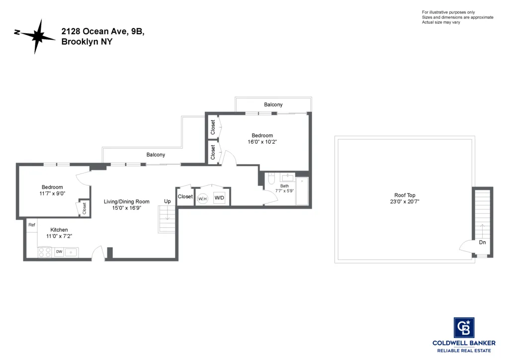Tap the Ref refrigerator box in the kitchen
pos(32,225)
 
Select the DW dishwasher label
pos(59,252)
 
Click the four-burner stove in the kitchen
pos(45,253)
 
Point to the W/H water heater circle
pos(202,198)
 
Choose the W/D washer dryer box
pos(219,197)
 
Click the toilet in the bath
pos(271,180)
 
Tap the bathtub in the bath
pos(302,191)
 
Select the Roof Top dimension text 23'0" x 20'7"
pos(406,202)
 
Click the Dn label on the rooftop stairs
pos(482,243)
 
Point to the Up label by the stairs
pos(168,201)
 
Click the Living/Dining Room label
pos(126,201)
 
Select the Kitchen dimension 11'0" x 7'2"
pos(59,236)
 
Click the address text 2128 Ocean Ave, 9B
pos(102,31)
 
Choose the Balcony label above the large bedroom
pos(273,104)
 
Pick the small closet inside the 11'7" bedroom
pos(84,208)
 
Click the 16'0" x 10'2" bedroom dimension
pos(262,142)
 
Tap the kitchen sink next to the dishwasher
pos(71,252)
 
